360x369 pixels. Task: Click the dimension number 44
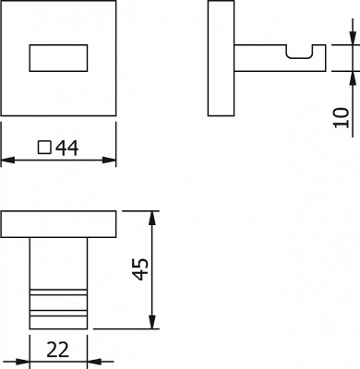pos(67,148)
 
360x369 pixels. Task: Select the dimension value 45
pos(141,269)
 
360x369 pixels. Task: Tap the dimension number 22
pos(58,350)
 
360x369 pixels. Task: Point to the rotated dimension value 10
pos(342,117)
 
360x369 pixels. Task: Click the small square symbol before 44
pos(44,148)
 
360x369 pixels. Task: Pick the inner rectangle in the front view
pos(58,58)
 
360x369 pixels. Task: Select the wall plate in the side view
pos(221,58)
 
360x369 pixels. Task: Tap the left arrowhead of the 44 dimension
pos(8,161)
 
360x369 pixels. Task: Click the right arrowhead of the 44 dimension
pos(109,161)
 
